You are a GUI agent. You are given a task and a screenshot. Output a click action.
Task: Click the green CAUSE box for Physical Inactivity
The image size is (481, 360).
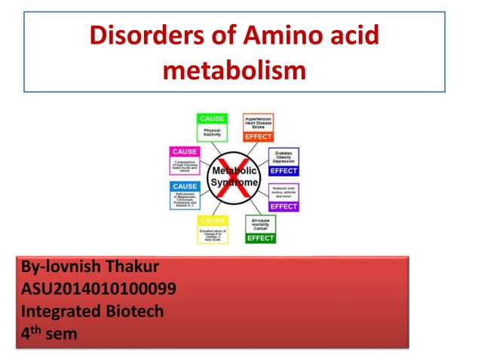point(212,127)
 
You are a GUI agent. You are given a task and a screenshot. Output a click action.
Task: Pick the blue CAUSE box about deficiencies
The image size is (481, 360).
point(185,195)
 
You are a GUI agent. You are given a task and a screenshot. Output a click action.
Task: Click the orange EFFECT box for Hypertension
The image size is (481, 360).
point(259,127)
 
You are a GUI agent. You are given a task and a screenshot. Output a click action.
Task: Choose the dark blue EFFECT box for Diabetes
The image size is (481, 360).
point(283,162)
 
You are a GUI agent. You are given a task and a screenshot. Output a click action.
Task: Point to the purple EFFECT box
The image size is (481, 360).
point(283,197)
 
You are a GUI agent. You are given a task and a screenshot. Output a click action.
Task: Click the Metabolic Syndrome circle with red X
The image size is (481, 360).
point(235,178)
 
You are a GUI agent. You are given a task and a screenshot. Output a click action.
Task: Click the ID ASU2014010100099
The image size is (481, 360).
point(99,288)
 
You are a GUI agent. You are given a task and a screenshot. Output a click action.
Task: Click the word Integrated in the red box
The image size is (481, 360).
point(59,310)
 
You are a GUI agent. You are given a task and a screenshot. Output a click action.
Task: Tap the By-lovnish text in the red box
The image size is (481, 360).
point(59,267)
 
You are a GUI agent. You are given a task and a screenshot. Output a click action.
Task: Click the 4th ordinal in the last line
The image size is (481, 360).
point(31,332)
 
